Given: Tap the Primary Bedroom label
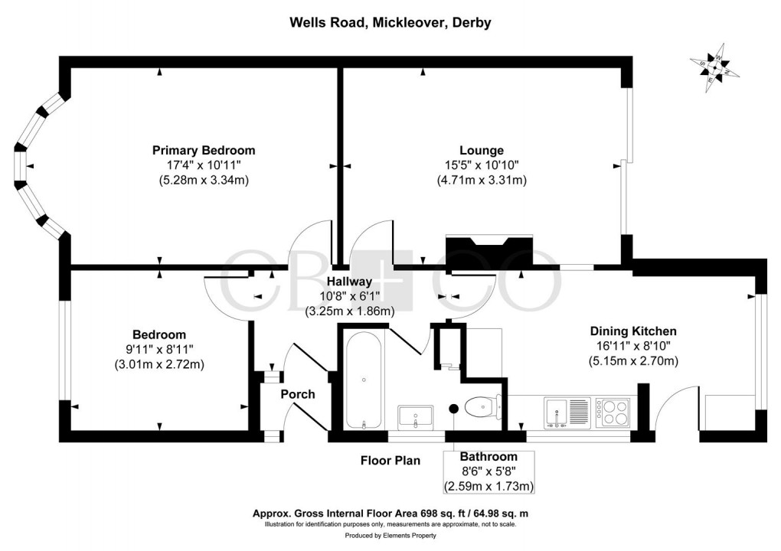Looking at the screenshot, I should pos(203,150).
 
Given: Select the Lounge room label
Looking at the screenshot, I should pos(481,150).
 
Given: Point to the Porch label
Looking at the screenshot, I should pos(298,394).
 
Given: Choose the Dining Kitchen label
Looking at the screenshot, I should pos(632,331).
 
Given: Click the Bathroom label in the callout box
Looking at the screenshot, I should pos(489,457).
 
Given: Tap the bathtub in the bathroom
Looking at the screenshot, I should pos(364,380).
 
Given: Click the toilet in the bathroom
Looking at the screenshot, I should pos(483,406).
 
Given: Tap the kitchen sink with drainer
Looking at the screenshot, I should pos(565,412).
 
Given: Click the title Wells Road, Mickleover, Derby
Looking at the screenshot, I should pos(390,23).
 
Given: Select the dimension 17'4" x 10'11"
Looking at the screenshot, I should pos(203,165).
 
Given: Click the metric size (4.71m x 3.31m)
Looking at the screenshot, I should pos(481,181).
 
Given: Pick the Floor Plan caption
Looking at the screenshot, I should pos(390,461).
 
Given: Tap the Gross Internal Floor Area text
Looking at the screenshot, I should pos(390,514).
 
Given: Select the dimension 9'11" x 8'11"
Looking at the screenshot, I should pos(159,349).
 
